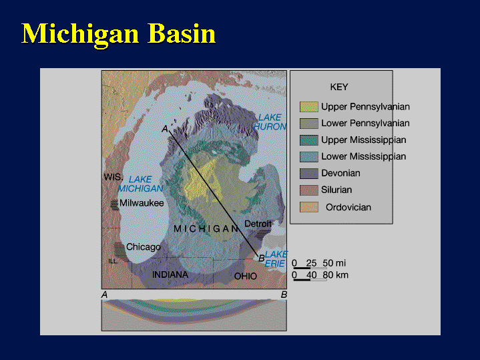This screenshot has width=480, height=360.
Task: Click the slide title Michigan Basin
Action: point(119,34)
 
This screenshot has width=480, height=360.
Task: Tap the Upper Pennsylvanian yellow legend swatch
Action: point(309,107)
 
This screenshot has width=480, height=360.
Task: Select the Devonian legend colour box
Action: point(309,174)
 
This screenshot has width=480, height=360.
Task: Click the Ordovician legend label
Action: point(348,208)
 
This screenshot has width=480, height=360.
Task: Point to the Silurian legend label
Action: point(336,190)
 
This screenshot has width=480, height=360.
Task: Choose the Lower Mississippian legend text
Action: point(364,156)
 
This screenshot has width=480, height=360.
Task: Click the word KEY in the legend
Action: point(339,87)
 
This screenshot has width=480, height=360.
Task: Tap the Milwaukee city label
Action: point(142,203)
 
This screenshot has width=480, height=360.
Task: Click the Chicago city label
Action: point(144,247)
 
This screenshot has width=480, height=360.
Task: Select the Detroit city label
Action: point(258,224)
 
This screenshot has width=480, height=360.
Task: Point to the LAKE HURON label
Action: point(270,122)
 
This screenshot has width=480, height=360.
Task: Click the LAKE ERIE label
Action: point(276,259)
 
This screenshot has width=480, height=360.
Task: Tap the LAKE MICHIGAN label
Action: point(140,184)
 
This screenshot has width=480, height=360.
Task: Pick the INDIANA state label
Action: point(170,275)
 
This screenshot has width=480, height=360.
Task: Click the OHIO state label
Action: point(246,277)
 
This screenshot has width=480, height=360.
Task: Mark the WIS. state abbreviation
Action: point(113,177)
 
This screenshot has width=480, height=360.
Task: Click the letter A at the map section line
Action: point(165,129)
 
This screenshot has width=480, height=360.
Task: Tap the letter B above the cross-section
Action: point(284,295)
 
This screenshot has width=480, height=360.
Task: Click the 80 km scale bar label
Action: point(336,275)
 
